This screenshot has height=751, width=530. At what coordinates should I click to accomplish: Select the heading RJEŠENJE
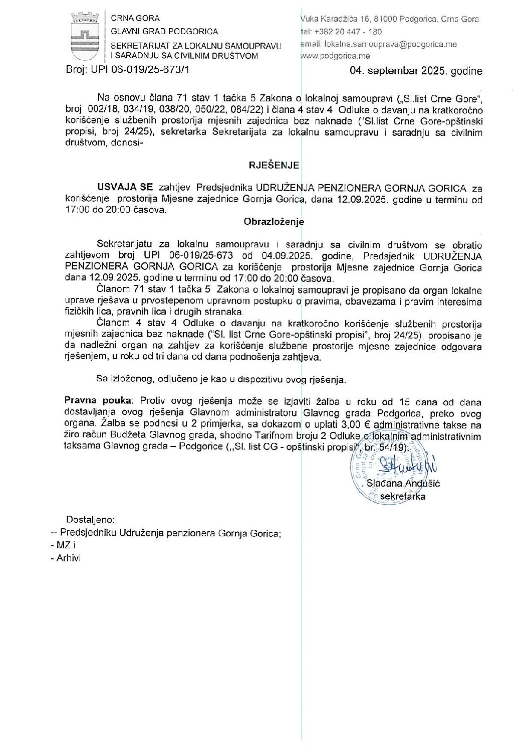[x=274, y=165]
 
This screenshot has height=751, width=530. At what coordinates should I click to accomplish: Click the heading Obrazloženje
[x=274, y=222]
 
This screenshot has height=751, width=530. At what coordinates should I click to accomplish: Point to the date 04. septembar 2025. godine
[x=416, y=71]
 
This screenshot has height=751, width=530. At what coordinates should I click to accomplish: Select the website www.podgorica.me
[x=335, y=56]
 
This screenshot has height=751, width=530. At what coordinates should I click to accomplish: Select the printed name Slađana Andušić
[x=403, y=484]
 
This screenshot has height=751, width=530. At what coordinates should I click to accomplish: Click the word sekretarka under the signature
[x=403, y=496]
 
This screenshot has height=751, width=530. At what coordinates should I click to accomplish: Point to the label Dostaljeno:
[x=91, y=519]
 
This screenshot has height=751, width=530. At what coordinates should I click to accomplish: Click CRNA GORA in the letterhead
[x=135, y=19]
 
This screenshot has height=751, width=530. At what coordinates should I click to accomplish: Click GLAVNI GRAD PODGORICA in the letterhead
[x=164, y=31]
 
